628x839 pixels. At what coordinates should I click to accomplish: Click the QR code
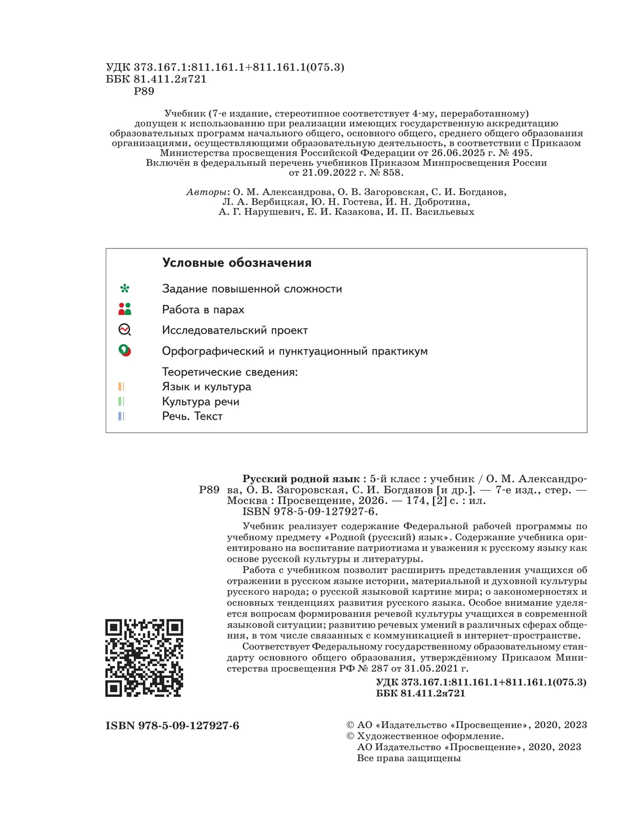[x=144, y=657]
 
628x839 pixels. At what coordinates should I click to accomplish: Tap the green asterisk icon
[x=125, y=289]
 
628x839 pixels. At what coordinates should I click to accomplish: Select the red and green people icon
[x=125, y=309]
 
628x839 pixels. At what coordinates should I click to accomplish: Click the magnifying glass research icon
[x=125, y=330]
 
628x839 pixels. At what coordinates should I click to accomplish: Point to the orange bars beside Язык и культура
[x=121, y=387]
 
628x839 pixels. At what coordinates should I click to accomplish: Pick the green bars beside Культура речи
[x=121, y=401]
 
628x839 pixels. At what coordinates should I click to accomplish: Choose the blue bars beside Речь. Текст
[x=121, y=416]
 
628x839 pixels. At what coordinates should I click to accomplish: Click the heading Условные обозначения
[x=237, y=263]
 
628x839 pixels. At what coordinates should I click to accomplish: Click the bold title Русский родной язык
[x=301, y=479]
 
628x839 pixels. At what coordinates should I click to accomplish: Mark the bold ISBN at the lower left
[x=172, y=725]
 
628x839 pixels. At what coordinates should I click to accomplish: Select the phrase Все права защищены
[x=409, y=758]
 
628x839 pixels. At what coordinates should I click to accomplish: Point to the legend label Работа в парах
[x=203, y=310]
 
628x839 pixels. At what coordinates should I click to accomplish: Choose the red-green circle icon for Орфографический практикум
[x=125, y=350]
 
